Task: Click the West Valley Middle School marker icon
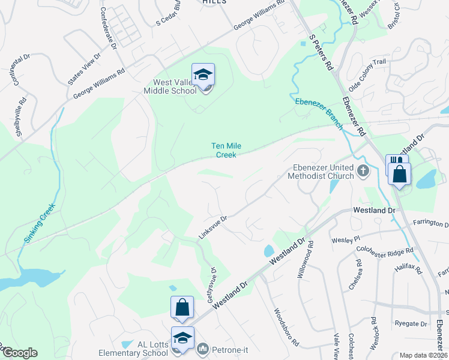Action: pyautogui.click(x=203, y=75)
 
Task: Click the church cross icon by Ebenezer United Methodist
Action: pyautogui.click(x=363, y=172)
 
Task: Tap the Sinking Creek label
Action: pyautogui.click(x=40, y=223)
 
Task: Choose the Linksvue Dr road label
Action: pyautogui.click(x=213, y=228)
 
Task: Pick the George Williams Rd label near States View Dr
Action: pyautogui.click(x=99, y=83)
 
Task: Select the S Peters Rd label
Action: pyautogui.click(x=321, y=53)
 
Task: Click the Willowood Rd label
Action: pyautogui.click(x=305, y=260)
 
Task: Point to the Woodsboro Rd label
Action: pyautogui.click(x=286, y=328)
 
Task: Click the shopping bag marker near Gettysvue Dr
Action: pyautogui.click(x=182, y=307)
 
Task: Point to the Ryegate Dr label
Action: pyautogui.click(x=411, y=323)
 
